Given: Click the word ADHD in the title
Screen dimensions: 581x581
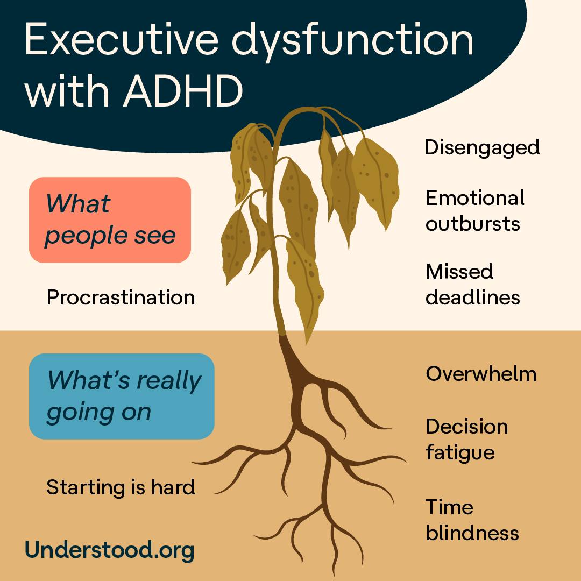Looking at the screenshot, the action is pyautogui.click(x=183, y=91).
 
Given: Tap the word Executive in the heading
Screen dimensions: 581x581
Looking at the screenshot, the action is pyautogui.click(x=122, y=39).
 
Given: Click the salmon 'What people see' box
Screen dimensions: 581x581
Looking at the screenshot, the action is pyautogui.click(x=110, y=219).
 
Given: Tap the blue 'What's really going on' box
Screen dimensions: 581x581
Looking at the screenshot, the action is pyautogui.click(x=122, y=396).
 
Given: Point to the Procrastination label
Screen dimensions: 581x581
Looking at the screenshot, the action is pyautogui.click(x=121, y=297).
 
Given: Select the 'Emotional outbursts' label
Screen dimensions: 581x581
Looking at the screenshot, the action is pyautogui.click(x=475, y=210).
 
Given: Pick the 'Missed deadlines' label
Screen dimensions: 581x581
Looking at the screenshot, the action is pyautogui.click(x=473, y=284).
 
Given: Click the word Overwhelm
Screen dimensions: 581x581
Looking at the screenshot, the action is pyautogui.click(x=481, y=373).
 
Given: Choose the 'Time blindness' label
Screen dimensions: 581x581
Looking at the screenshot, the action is pyautogui.click(x=472, y=520).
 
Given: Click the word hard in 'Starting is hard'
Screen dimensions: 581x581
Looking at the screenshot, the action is pyautogui.click(x=173, y=487).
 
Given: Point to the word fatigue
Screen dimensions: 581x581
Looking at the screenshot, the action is pyautogui.click(x=460, y=453).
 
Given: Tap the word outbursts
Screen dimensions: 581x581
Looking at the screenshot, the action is pyautogui.click(x=473, y=224).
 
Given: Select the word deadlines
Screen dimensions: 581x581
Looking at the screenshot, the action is pyautogui.click(x=473, y=297).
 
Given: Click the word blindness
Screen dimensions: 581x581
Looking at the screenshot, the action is pyautogui.click(x=472, y=533).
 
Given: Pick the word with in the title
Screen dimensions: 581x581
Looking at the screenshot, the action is pyautogui.click(x=67, y=91).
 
